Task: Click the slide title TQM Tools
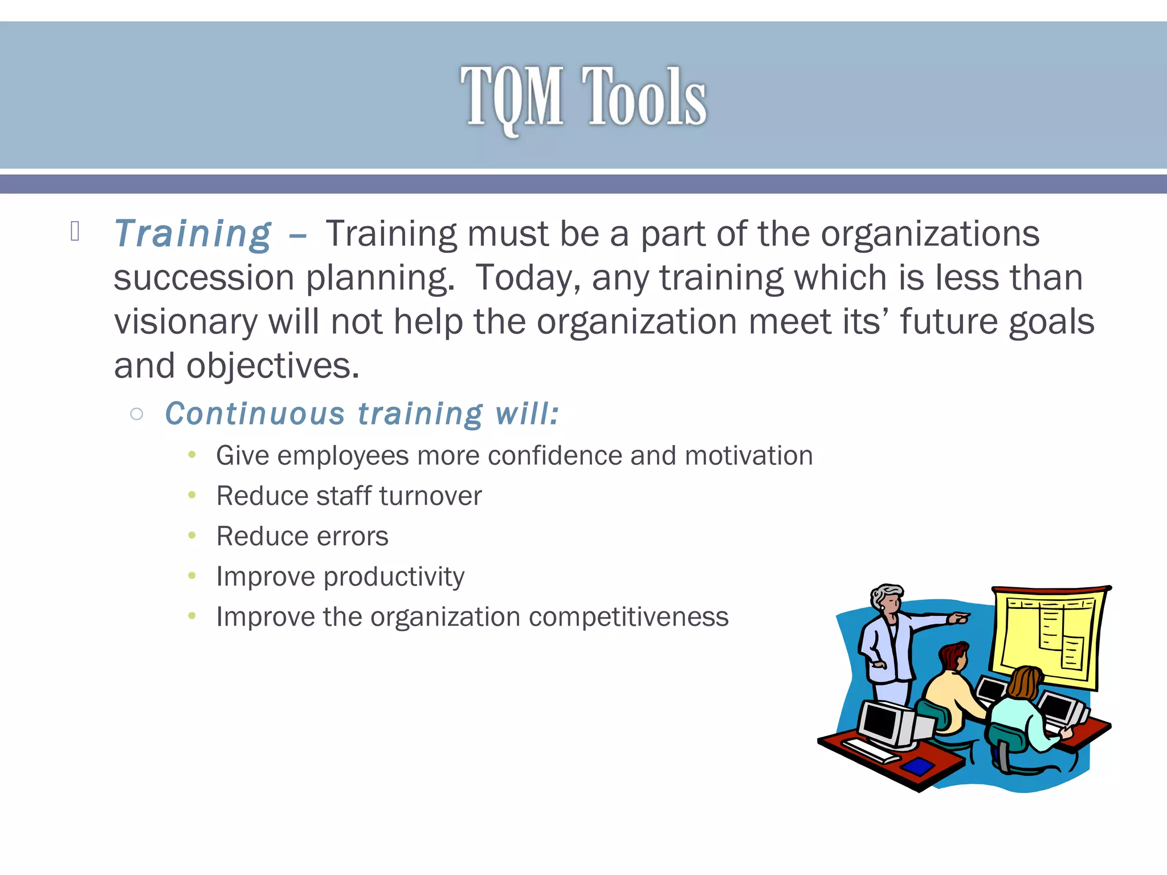point(583,97)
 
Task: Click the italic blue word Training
point(193,234)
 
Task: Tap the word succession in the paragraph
point(203,278)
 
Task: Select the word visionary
point(186,322)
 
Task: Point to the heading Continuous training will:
point(361,414)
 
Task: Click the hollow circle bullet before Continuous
point(136,414)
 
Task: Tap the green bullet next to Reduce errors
point(192,535)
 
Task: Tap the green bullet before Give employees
point(192,455)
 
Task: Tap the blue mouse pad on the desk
point(919,766)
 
